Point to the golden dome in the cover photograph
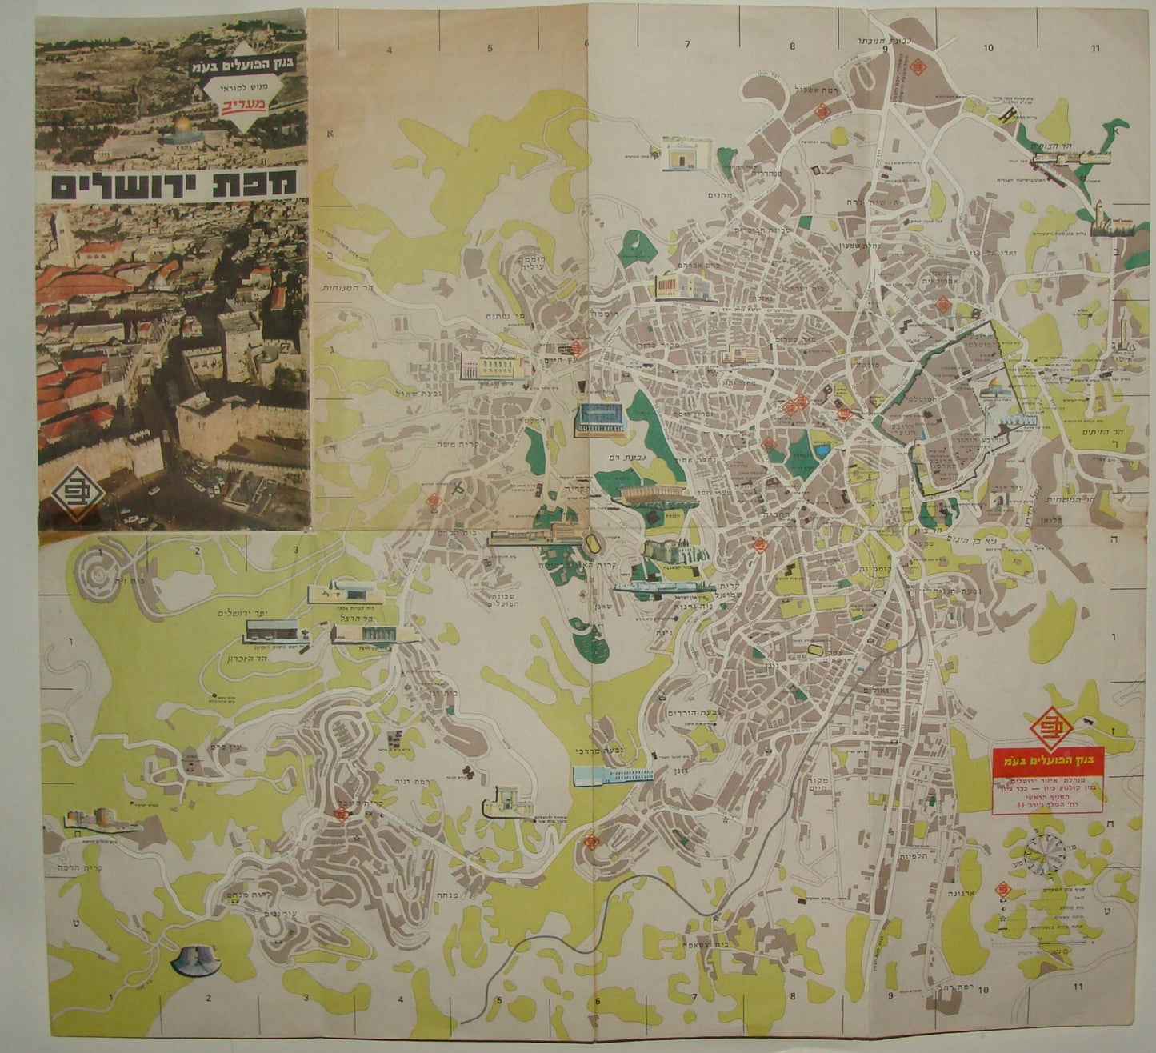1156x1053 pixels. pos(181,125)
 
